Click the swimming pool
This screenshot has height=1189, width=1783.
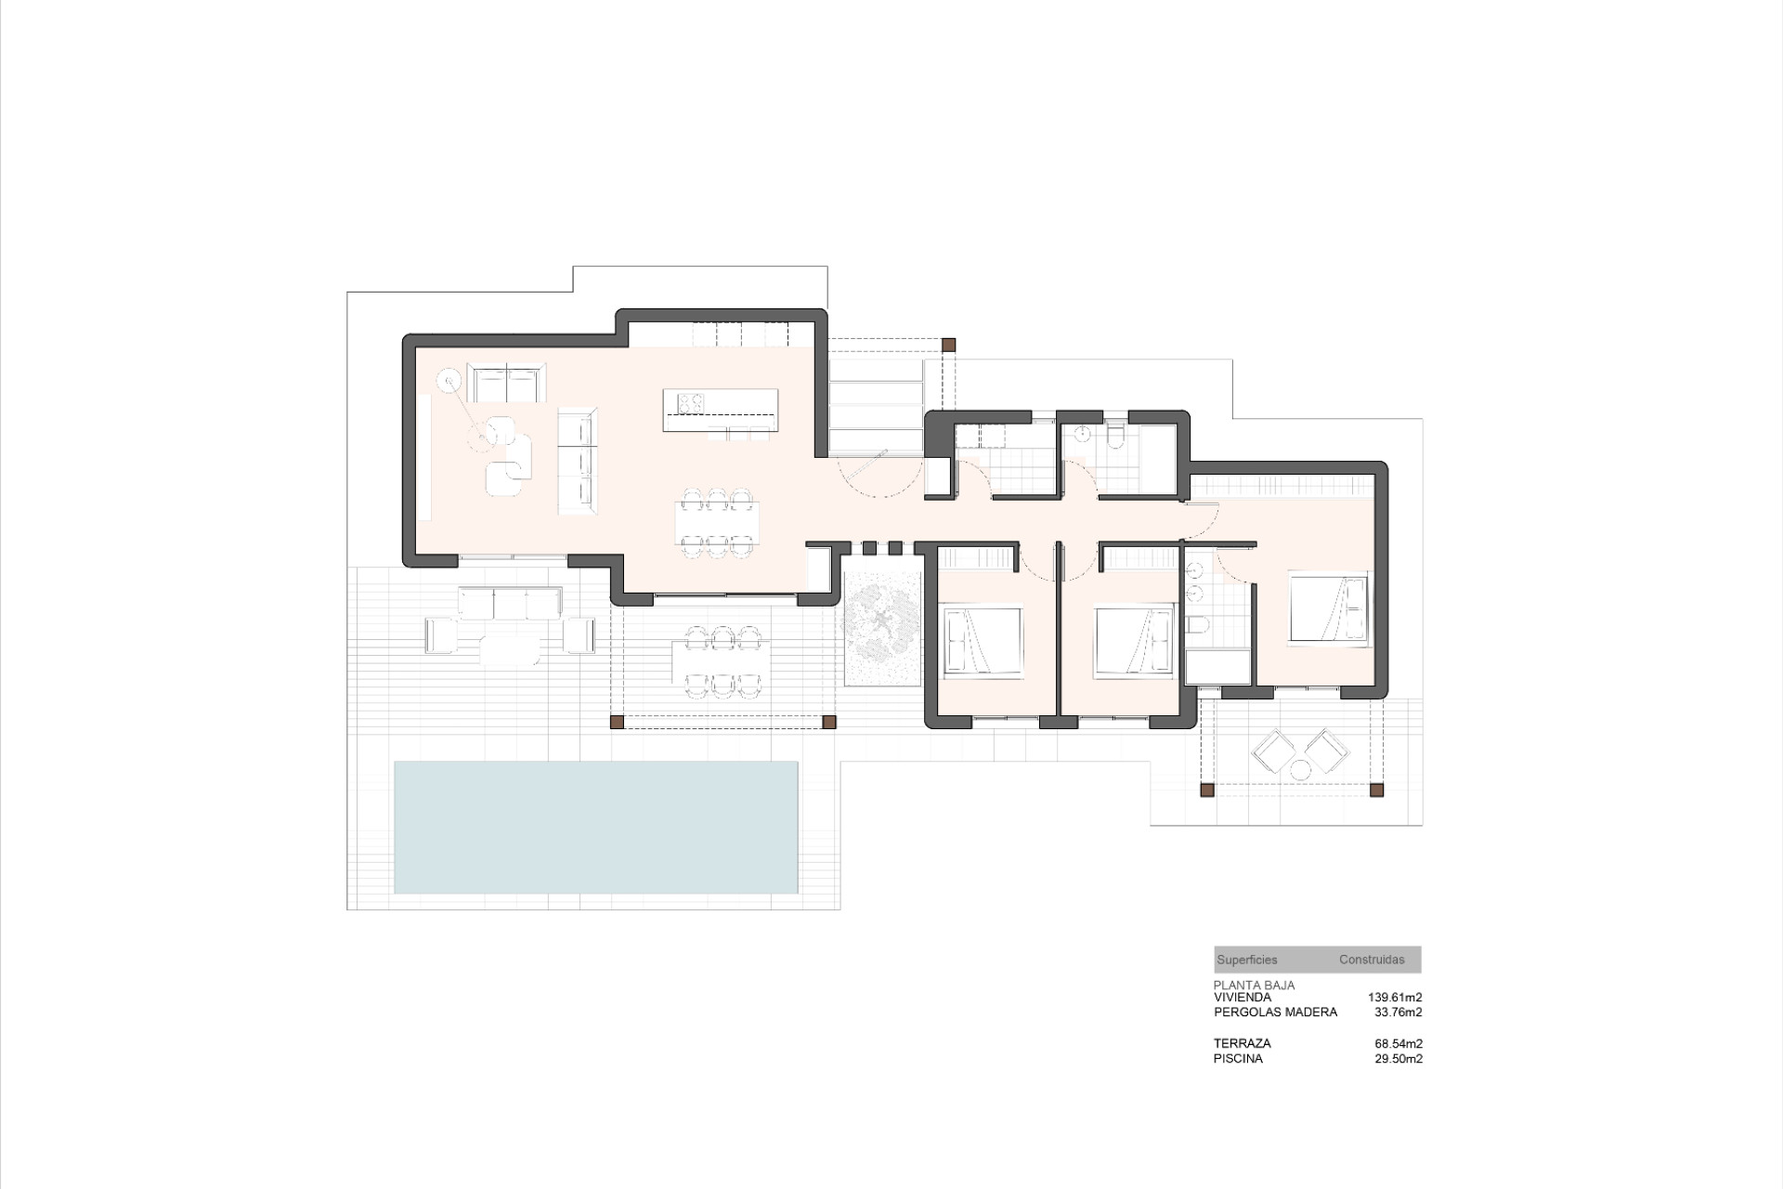[595, 827]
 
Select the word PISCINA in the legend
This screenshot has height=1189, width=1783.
[1237, 1059]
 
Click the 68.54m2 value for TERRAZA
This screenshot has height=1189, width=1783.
[1398, 1044]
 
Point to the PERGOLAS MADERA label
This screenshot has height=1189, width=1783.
[1274, 1013]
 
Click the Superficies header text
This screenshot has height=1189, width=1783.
[1246, 960]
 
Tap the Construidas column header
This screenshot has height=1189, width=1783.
[1371, 960]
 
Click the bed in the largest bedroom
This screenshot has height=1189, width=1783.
[1328, 608]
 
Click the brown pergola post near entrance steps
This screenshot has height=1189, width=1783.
[948, 345]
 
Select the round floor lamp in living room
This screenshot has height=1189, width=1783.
[449, 379]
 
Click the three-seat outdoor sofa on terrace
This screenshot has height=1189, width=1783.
[509, 604]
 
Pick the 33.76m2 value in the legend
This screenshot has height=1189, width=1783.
[1398, 1013]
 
